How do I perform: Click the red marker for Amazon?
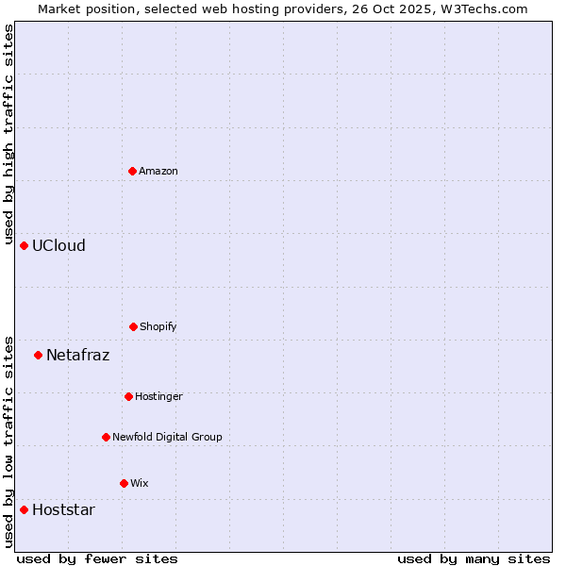(133, 171)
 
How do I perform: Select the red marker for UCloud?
(25, 245)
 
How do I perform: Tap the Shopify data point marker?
(133, 326)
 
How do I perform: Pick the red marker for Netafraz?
(39, 355)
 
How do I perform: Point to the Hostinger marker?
(128, 396)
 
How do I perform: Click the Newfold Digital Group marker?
(106, 437)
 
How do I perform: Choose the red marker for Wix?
(124, 483)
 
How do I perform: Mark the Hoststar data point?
(25, 509)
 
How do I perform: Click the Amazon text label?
(158, 171)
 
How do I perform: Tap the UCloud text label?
(58, 245)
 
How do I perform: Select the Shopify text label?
(158, 326)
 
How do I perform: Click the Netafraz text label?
(77, 355)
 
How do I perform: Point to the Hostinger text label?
(158, 396)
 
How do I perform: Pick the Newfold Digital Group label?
(167, 437)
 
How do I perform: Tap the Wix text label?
(140, 483)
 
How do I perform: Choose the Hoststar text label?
(63, 509)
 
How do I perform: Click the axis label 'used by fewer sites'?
(97, 558)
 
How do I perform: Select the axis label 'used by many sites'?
(474, 558)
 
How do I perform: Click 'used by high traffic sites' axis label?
(8, 134)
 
